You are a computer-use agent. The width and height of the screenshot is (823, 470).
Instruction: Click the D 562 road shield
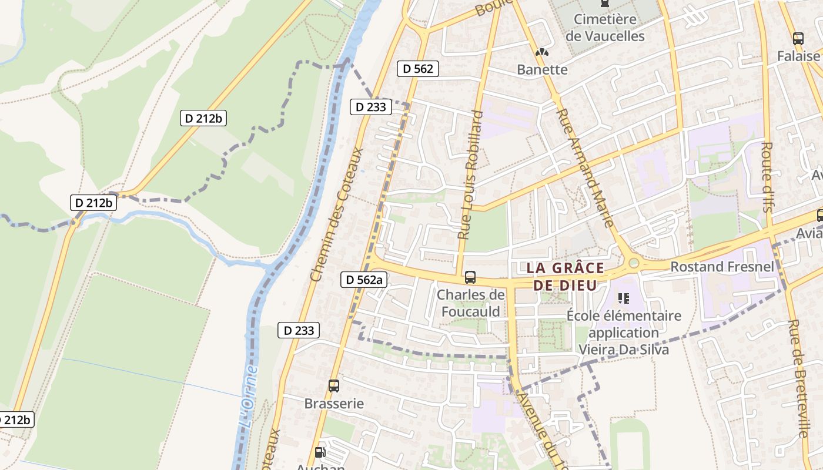point(418,69)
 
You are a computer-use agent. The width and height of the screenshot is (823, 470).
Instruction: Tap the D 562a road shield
point(364,280)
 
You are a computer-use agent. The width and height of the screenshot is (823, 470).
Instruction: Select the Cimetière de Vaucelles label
point(605,28)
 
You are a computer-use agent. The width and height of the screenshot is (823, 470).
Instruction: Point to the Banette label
point(542,69)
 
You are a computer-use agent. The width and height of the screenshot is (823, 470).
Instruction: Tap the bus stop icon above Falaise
point(798,39)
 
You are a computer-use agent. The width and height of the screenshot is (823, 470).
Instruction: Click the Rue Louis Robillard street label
point(470,174)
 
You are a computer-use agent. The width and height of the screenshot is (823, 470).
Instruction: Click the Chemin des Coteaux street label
point(336,214)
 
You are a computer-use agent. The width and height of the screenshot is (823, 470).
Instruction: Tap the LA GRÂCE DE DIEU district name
point(565,277)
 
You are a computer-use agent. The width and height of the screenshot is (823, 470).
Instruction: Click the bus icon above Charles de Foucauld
point(470,277)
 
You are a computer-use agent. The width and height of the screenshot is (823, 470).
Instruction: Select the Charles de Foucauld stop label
point(471,303)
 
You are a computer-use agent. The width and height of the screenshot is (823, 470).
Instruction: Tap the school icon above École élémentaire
point(624,298)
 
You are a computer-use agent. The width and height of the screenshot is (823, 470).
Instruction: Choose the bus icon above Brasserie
point(334,386)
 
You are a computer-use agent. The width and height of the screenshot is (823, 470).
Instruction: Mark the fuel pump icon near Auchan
point(320,452)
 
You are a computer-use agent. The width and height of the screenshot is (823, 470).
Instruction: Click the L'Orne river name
point(249,397)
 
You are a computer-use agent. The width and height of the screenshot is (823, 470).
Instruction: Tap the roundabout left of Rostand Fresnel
point(634,263)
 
